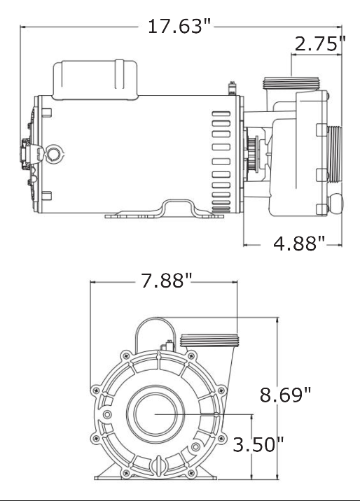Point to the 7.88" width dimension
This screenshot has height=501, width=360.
166,281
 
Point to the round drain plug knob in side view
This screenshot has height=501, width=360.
337,204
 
